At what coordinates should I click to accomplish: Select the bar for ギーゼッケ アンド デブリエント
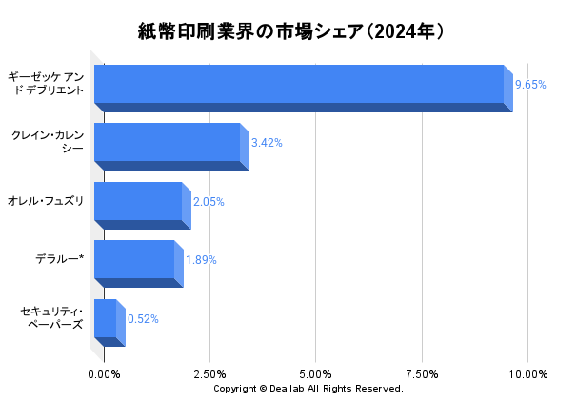pyautogui.click(x=299, y=84)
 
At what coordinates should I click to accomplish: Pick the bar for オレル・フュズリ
pyautogui.click(x=138, y=201)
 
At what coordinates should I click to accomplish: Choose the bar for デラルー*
pyautogui.click(x=134, y=259)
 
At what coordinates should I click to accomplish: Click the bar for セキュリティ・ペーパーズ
pyautogui.click(x=106, y=318)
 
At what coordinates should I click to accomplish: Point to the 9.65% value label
pyautogui.click(x=530, y=85)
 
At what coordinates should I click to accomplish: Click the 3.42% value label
pyautogui.click(x=267, y=143)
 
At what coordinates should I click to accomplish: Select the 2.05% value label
pyautogui.click(x=209, y=202)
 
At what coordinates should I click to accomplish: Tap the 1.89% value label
pyautogui.click(x=201, y=260)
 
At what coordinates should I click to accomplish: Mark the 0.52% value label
pyautogui.click(x=143, y=319)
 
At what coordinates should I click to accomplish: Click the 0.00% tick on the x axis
pyautogui.click(x=104, y=373)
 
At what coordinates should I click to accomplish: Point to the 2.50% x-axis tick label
pyautogui.click(x=209, y=373)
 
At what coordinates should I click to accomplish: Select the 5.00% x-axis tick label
pyautogui.click(x=315, y=373)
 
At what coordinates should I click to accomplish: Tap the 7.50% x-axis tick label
pyautogui.click(x=421, y=373)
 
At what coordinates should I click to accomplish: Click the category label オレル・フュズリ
pyautogui.click(x=46, y=201)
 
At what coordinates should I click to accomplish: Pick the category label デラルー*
pyautogui.click(x=59, y=259)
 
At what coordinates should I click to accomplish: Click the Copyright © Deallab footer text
pyautogui.click(x=308, y=389)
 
